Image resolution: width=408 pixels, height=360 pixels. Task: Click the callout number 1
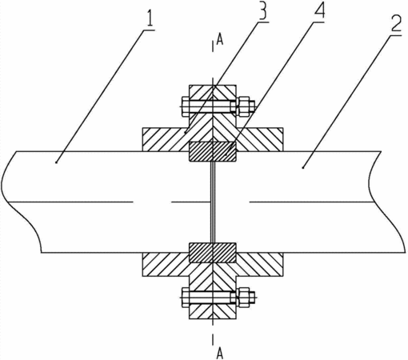pos(150,19)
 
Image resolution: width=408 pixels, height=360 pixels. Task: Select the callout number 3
pos(262,11)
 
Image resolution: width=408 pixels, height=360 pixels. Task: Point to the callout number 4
pos(319,10)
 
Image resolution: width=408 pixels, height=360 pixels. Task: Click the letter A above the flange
pos(220,40)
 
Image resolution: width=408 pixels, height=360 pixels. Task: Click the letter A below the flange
pos(219,354)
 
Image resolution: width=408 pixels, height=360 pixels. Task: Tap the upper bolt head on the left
pos(185,106)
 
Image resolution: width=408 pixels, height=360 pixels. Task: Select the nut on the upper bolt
pos(243,106)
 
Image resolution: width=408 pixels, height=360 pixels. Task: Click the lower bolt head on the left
pos(185,297)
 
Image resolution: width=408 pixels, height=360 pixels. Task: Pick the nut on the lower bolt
pos(243,297)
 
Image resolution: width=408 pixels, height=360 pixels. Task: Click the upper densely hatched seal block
pos(213,151)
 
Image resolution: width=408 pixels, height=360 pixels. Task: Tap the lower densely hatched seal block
pos(213,253)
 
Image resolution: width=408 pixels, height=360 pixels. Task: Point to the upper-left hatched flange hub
pos(166,139)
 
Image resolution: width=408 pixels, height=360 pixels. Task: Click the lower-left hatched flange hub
pos(166,264)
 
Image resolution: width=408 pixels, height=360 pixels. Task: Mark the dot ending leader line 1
pos(56,162)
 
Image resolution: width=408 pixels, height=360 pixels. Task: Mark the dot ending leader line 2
pos(303,167)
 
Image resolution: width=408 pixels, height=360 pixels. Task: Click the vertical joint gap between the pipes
pos(213,202)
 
